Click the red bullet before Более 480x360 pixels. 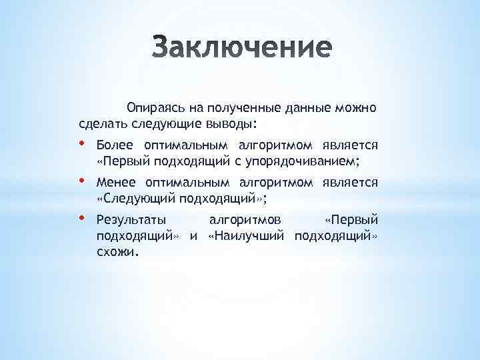82,143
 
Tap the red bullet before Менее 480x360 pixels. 82,181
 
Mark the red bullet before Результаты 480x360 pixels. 82,217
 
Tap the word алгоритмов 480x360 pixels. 245,219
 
